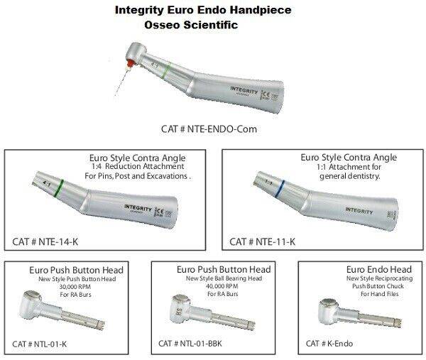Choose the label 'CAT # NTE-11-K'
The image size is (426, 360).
click(262, 241)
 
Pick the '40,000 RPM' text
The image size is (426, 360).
click(224, 285)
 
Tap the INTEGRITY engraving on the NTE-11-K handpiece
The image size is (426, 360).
click(359, 211)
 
